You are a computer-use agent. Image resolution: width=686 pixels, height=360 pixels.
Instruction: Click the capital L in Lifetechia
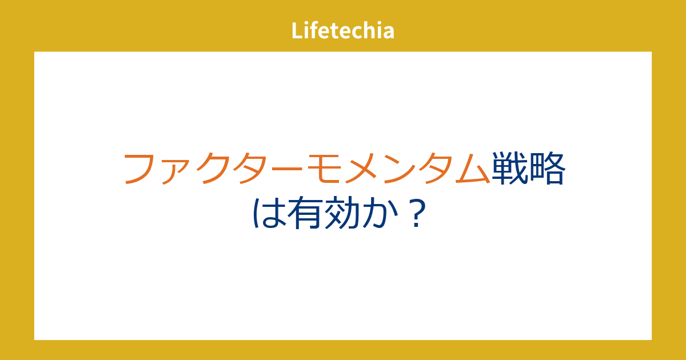298,31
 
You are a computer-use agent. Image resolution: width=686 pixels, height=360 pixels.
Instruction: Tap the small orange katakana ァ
173,173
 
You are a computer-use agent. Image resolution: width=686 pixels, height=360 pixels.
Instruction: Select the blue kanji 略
547,168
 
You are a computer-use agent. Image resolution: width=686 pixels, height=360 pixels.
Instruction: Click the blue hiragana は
269,213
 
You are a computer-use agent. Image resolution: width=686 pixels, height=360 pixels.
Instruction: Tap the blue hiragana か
380,213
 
